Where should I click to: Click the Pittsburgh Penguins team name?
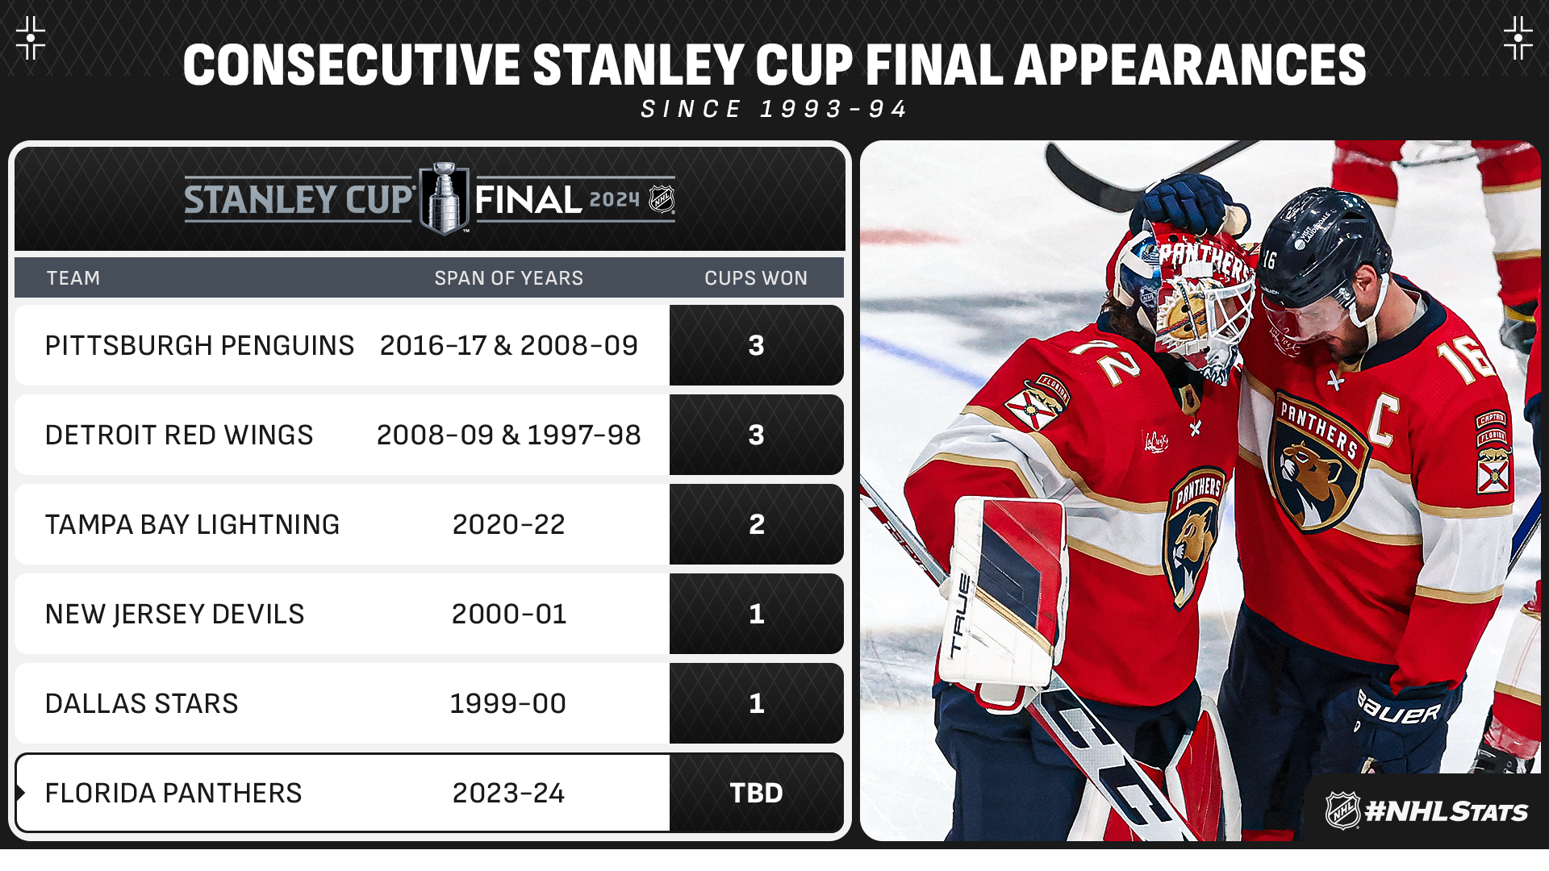(199, 345)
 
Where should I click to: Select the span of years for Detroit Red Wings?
(508, 435)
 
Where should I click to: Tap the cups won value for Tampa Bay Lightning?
(756, 524)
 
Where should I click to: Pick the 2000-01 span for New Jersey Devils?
(508, 614)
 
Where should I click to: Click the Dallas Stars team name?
(141, 703)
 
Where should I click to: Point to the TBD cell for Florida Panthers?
(756, 793)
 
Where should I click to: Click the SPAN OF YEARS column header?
(508, 278)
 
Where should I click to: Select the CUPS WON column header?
(756, 278)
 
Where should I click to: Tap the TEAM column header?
(73, 278)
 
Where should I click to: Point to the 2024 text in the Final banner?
(615, 199)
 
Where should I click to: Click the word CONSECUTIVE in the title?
(352, 65)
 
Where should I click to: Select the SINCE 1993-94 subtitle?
(774, 109)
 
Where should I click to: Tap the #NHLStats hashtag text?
(1446, 811)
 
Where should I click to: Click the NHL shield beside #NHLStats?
(1343, 811)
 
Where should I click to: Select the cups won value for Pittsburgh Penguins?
(756, 345)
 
